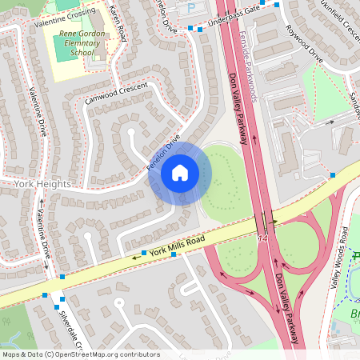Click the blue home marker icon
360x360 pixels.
click(x=180, y=172)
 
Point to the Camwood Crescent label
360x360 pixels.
click(x=118, y=93)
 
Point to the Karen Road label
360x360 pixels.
click(x=118, y=22)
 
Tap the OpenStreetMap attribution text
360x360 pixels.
click(x=80, y=354)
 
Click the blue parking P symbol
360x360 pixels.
click(x=190, y=6)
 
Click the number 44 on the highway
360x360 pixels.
click(x=262, y=238)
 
